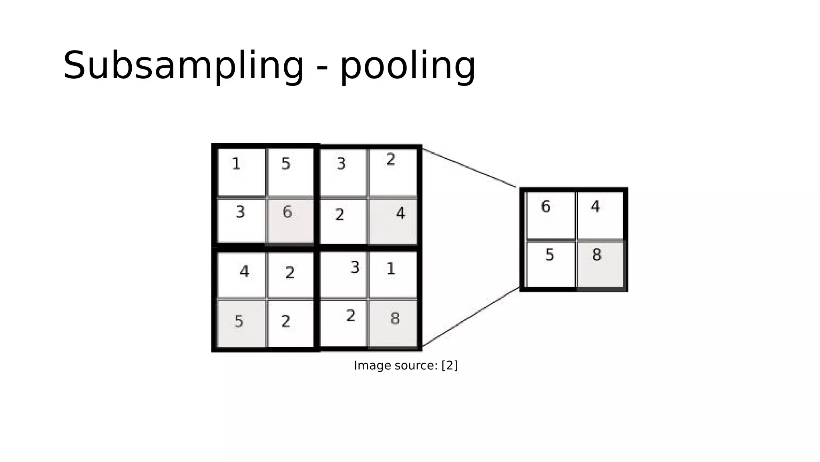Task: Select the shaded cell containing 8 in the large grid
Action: [393, 323]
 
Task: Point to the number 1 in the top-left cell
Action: [236, 164]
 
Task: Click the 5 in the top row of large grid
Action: [285, 164]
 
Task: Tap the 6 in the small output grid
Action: [545, 207]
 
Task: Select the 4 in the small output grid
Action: [595, 207]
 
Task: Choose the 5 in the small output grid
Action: [549, 255]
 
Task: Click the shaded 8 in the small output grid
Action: [597, 255]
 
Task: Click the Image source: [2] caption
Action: [405, 365]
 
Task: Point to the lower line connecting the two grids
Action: [470, 317]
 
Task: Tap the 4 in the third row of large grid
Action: [244, 272]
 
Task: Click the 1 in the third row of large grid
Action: [391, 269]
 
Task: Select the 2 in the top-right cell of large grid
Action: [391, 160]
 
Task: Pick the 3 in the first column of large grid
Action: [240, 212]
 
